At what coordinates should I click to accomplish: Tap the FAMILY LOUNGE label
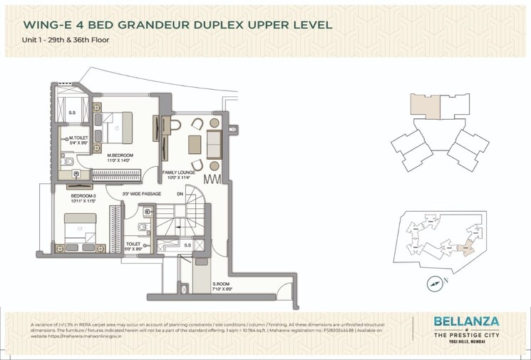click(178, 173)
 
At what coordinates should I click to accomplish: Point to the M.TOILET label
click(76, 138)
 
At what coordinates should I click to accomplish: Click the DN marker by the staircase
click(180, 194)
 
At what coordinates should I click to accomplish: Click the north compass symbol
click(435, 283)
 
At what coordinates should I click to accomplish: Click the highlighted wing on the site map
click(465, 249)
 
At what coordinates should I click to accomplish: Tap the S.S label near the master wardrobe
click(72, 113)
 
